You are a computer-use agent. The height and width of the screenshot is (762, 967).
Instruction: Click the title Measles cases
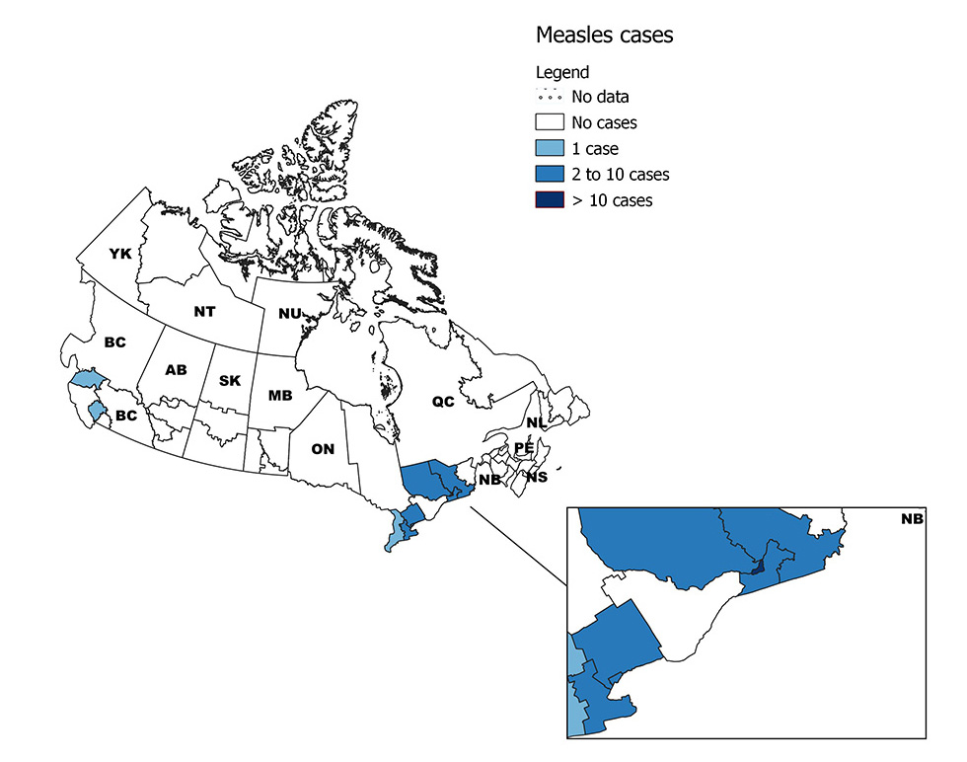tap(604, 36)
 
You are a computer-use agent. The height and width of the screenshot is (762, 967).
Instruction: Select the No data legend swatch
tap(550, 97)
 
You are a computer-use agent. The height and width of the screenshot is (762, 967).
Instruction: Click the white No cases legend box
tap(550, 122)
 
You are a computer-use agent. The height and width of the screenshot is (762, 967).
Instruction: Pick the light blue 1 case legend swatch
tap(550, 148)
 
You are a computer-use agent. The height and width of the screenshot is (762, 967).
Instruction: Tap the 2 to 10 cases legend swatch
tap(550, 175)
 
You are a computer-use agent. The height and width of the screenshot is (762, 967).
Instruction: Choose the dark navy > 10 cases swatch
tap(550, 200)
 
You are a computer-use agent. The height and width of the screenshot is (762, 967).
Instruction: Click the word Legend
tap(562, 72)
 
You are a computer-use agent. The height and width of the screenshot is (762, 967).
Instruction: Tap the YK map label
tap(120, 255)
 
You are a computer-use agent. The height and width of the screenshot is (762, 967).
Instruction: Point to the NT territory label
tap(204, 312)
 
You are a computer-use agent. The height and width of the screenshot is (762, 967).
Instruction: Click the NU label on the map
tap(289, 314)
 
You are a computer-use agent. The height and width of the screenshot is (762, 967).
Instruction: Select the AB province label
tap(176, 370)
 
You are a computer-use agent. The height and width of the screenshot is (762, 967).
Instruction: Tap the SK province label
tap(229, 380)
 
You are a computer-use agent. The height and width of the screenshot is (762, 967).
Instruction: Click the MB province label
tap(280, 396)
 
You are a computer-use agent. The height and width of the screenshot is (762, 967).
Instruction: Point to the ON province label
tap(323, 449)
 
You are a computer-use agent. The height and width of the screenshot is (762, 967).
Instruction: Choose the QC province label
tap(441, 401)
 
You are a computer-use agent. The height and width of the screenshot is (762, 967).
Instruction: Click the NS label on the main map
tap(537, 478)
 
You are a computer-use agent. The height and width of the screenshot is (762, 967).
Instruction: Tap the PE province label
tap(524, 448)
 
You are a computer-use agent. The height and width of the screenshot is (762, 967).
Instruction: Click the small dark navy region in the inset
tap(757, 566)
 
